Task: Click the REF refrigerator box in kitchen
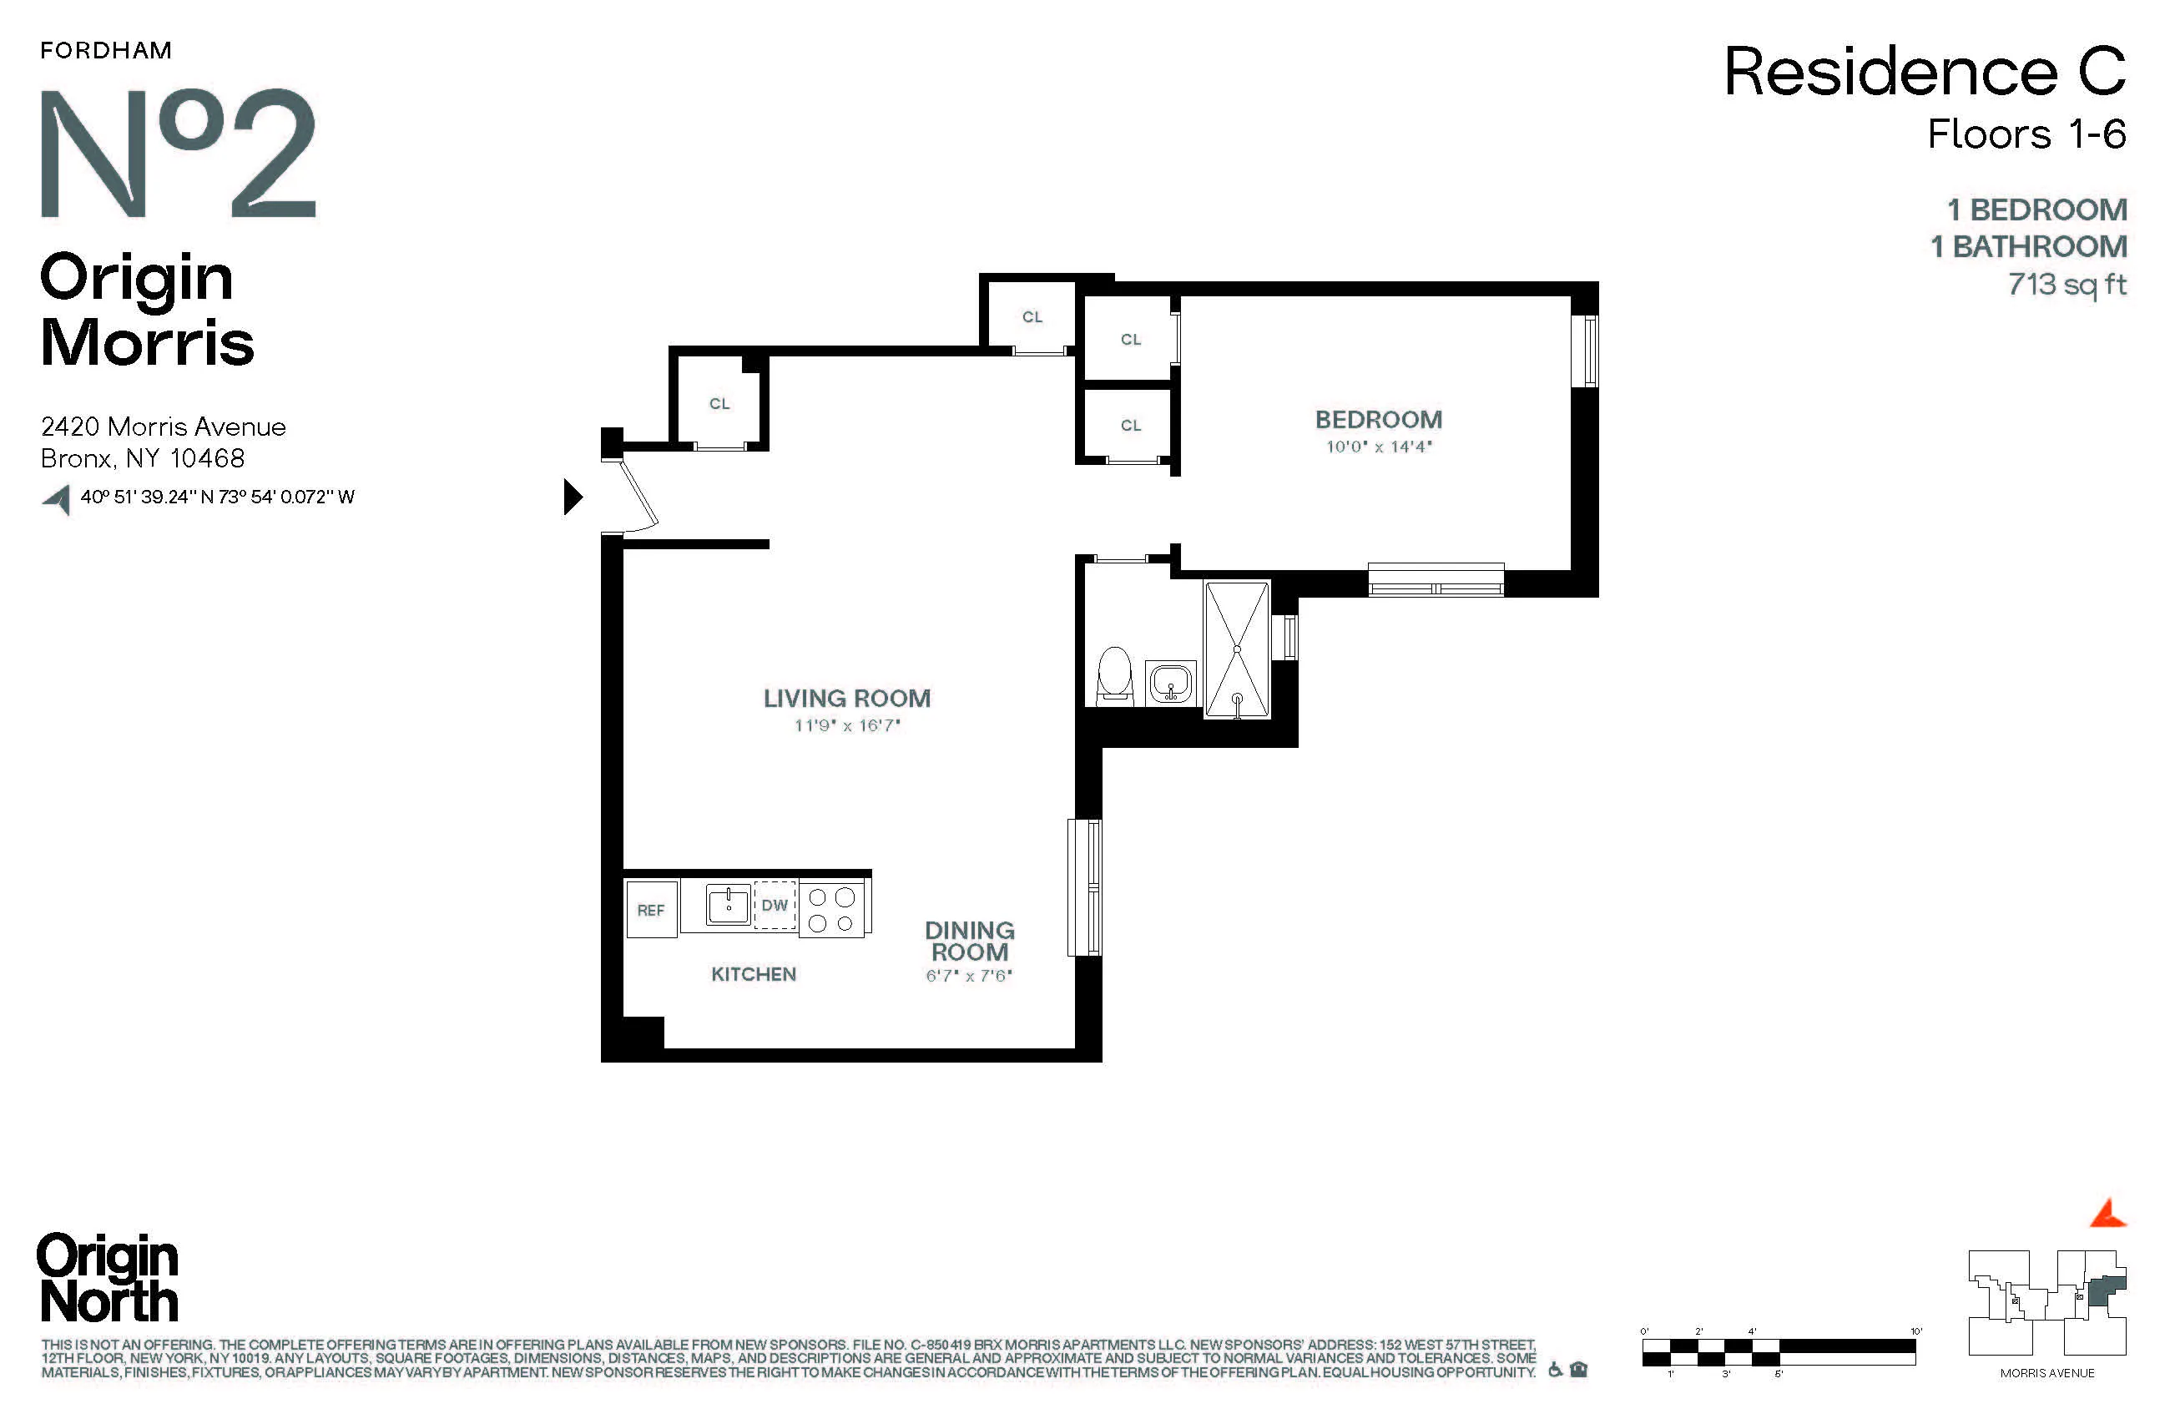tap(651, 909)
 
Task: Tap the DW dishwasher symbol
tap(774, 905)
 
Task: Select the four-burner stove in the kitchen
tap(831, 909)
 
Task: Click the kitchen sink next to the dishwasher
tap(728, 905)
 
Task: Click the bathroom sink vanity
tap(1171, 682)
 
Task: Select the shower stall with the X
tap(1236, 649)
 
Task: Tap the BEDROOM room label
tap(1378, 420)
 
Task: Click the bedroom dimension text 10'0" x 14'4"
tap(1378, 447)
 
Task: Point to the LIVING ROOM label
tap(846, 699)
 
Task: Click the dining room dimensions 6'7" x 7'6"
tap(968, 976)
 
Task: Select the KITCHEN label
tap(753, 974)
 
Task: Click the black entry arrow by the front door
tap(572, 497)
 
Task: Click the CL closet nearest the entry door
tap(719, 403)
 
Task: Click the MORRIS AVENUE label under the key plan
tap(2047, 1373)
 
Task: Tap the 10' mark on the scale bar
tap(1915, 1332)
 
